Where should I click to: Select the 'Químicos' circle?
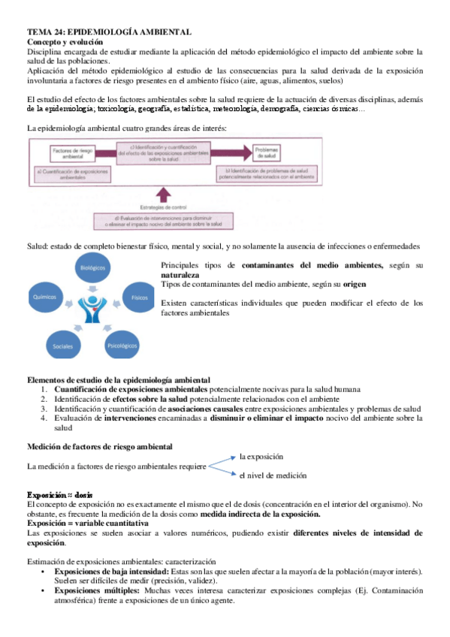pyautogui.click(x=45, y=297)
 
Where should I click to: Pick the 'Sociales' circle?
pyautogui.click(x=62, y=346)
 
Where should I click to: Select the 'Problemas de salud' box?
pyautogui.click(x=267, y=153)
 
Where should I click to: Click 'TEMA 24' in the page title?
pyautogui.click(x=44, y=33)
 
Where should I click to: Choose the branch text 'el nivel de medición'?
pyautogui.click(x=273, y=475)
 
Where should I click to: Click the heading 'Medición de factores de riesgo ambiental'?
pyautogui.click(x=99, y=446)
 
